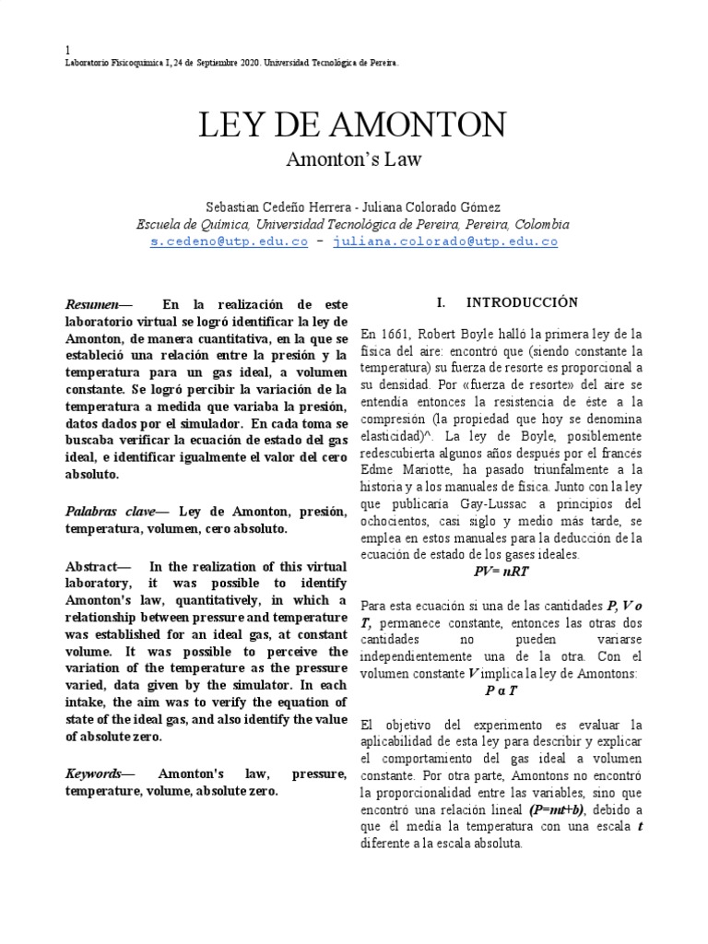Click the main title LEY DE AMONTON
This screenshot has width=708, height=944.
pyautogui.click(x=353, y=124)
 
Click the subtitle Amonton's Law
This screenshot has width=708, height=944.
pyautogui.click(x=353, y=159)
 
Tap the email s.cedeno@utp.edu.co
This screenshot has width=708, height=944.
pyautogui.click(x=229, y=242)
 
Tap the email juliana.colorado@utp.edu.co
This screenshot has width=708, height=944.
pyautogui.click(x=445, y=242)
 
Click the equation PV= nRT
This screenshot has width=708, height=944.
pyautogui.click(x=501, y=571)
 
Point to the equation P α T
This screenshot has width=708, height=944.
pyautogui.click(x=501, y=690)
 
